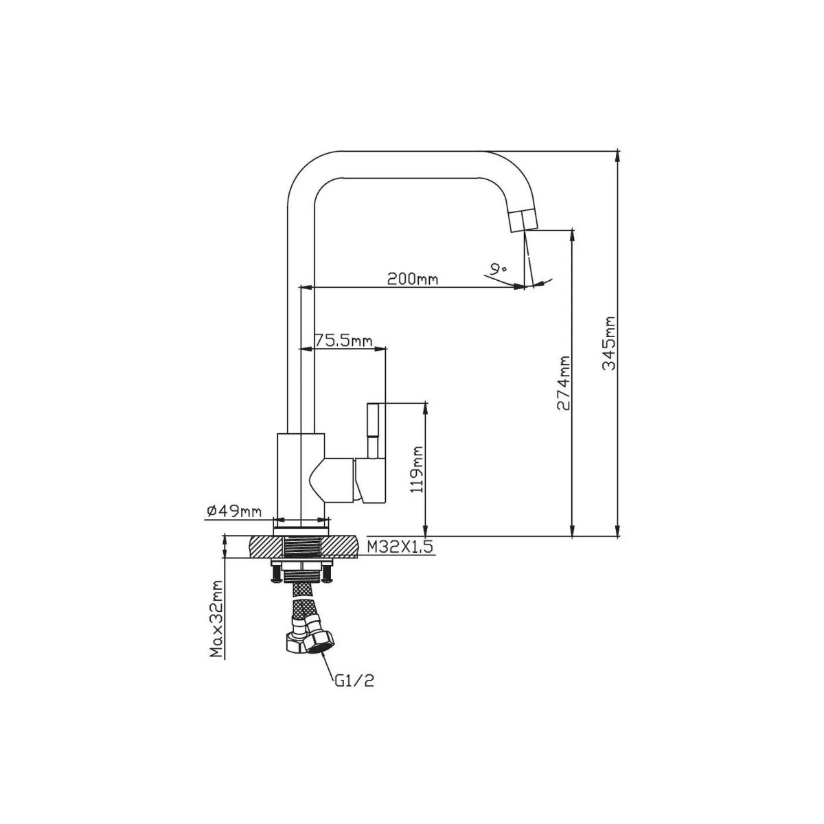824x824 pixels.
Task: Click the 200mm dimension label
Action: click(x=413, y=279)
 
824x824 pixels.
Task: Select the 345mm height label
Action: click(x=608, y=343)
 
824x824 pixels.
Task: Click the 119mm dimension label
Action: click(x=416, y=470)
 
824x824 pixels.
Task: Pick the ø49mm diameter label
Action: click(x=234, y=511)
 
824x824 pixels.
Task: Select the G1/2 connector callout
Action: click(x=354, y=693)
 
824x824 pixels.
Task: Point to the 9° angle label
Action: click(x=499, y=269)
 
